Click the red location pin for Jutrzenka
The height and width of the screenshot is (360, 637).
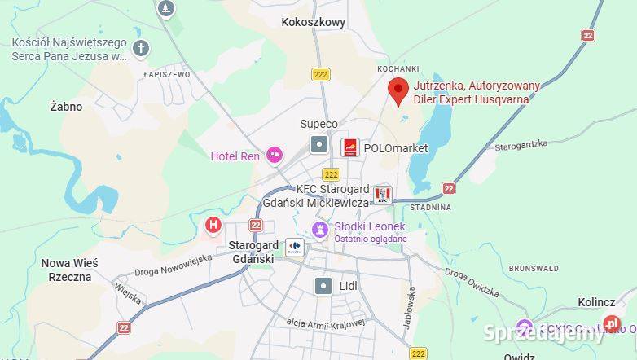click(x=398, y=91)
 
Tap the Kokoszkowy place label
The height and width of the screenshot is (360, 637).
click(x=314, y=23)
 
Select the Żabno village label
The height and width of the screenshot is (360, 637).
click(x=66, y=107)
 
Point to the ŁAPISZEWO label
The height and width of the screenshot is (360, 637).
click(x=166, y=74)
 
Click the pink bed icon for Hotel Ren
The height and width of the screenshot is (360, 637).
click(x=274, y=154)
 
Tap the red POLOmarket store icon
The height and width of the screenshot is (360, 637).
click(x=349, y=147)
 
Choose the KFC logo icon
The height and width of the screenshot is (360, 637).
click(x=382, y=195)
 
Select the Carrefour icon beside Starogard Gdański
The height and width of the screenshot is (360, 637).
click(x=293, y=246)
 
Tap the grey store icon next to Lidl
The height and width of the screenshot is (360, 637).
click(x=323, y=285)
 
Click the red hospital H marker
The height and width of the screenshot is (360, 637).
click(x=213, y=224)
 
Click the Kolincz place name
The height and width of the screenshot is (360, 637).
click(x=596, y=302)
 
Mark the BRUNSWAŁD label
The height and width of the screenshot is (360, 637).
click(x=534, y=268)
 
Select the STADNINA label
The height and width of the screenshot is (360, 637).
click(x=430, y=208)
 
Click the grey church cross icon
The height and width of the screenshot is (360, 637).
click(x=141, y=48)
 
